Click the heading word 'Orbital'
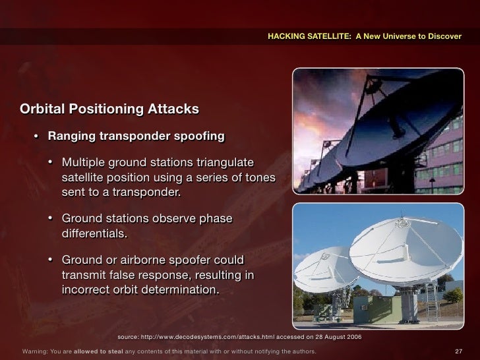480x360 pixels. [44, 108]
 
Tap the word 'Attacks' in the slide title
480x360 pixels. [173, 108]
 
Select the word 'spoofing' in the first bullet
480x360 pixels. [200, 136]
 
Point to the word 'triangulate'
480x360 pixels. [221, 163]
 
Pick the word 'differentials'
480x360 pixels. [92, 234]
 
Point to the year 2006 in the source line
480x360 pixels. [353, 336]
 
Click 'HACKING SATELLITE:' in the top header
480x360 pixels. [310, 36]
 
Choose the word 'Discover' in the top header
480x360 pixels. [444, 36]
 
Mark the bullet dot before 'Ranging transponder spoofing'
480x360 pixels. [37, 137]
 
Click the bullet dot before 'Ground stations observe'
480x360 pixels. [51, 219]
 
